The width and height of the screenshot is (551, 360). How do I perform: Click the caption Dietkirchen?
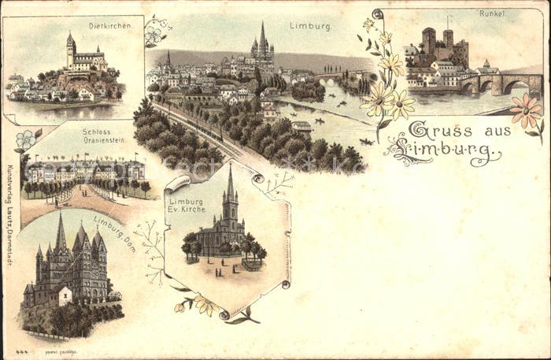coord(115,26)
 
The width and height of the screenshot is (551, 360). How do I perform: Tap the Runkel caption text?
coord(492,13)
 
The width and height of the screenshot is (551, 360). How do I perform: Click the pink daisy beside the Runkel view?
coord(525,109)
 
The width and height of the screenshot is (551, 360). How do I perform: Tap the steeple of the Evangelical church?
coord(231,183)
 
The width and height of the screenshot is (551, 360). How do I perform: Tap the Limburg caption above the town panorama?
coord(310,26)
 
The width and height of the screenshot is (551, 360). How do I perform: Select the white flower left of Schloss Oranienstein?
coord(25,139)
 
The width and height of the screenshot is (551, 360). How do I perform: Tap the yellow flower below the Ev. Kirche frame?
coord(206,305)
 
